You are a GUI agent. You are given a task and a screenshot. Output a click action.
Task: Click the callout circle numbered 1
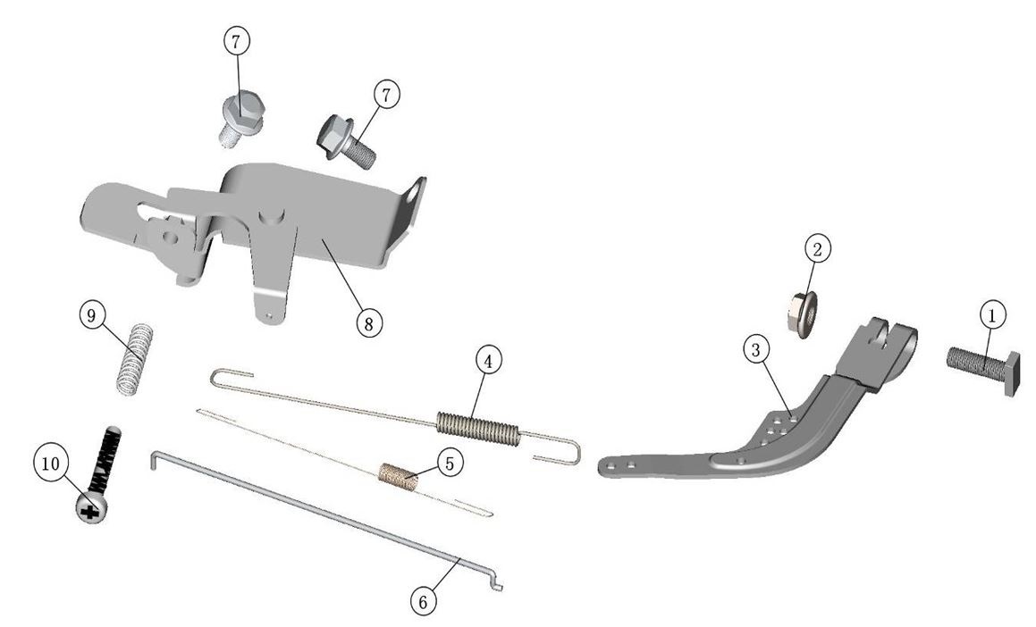pos(991,314)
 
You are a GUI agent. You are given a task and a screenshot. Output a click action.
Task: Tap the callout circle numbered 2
pos(817,249)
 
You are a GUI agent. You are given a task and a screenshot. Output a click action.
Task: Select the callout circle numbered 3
pos(756,350)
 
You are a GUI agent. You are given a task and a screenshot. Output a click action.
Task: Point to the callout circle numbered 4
pos(487,361)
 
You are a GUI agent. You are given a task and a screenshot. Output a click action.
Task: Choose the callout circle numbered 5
pos(450,464)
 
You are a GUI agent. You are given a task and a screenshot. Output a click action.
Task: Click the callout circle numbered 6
pos(424,601)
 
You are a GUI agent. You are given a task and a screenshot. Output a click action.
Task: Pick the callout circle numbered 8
pos(368,323)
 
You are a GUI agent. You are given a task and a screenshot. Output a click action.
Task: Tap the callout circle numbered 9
pos(91,315)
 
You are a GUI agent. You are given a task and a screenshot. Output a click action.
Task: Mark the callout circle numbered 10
pos(50,464)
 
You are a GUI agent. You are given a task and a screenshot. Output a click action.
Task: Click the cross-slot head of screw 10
pos(91,509)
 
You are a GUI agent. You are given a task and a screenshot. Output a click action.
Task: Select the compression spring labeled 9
pos(135,359)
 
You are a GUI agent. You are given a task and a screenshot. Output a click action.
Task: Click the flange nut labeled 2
pos(803,314)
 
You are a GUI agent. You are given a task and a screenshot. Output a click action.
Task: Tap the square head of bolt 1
pos(1012,373)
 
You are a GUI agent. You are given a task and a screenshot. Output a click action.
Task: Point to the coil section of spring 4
pos(478,429)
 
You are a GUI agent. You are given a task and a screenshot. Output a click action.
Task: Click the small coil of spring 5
pos(399,477)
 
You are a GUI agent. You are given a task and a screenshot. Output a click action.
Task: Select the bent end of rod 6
pos(496,584)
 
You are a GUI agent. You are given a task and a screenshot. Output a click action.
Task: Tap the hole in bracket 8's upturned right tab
pos(414,194)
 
